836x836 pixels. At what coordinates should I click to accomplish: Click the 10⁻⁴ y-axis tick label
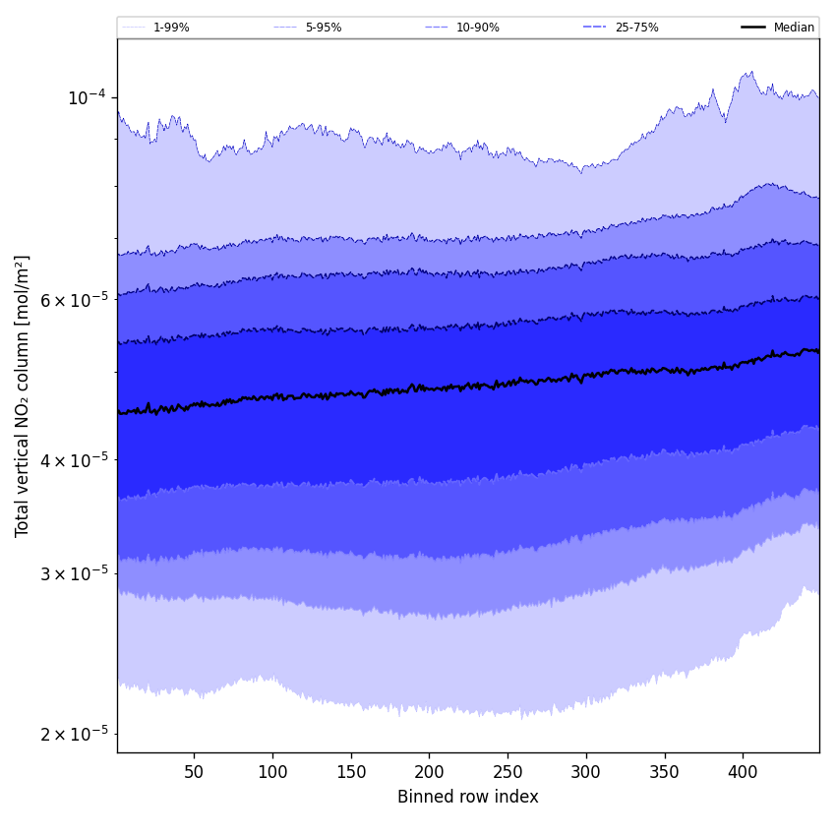pos(87,96)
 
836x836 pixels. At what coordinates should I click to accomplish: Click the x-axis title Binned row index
pos(468,797)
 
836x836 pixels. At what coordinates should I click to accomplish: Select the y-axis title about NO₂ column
pos(22,395)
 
